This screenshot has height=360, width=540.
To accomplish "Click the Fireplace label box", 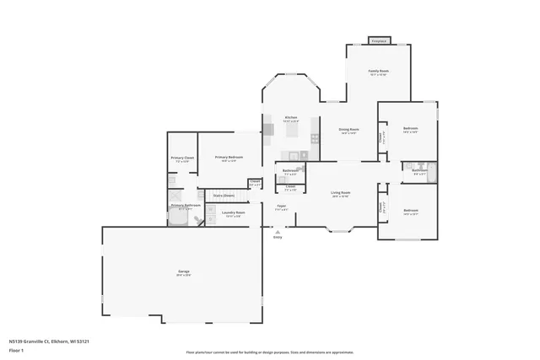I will tap(379, 40).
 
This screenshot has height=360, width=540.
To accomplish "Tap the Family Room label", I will tap(379, 72).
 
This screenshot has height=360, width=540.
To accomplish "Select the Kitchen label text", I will tap(290, 117).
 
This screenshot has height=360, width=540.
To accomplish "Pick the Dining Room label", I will tap(348, 130).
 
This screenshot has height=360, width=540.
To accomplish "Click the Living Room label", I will tap(340, 193).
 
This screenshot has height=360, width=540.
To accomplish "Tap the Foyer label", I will tap(281, 206).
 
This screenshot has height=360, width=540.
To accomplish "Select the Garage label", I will tap(183, 271).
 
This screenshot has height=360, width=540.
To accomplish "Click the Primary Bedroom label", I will tap(228, 157).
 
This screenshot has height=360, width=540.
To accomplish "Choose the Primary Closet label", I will tap(182, 158).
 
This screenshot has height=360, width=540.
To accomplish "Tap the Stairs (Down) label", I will tap(224, 195).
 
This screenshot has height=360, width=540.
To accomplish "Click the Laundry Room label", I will tap(233, 212).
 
